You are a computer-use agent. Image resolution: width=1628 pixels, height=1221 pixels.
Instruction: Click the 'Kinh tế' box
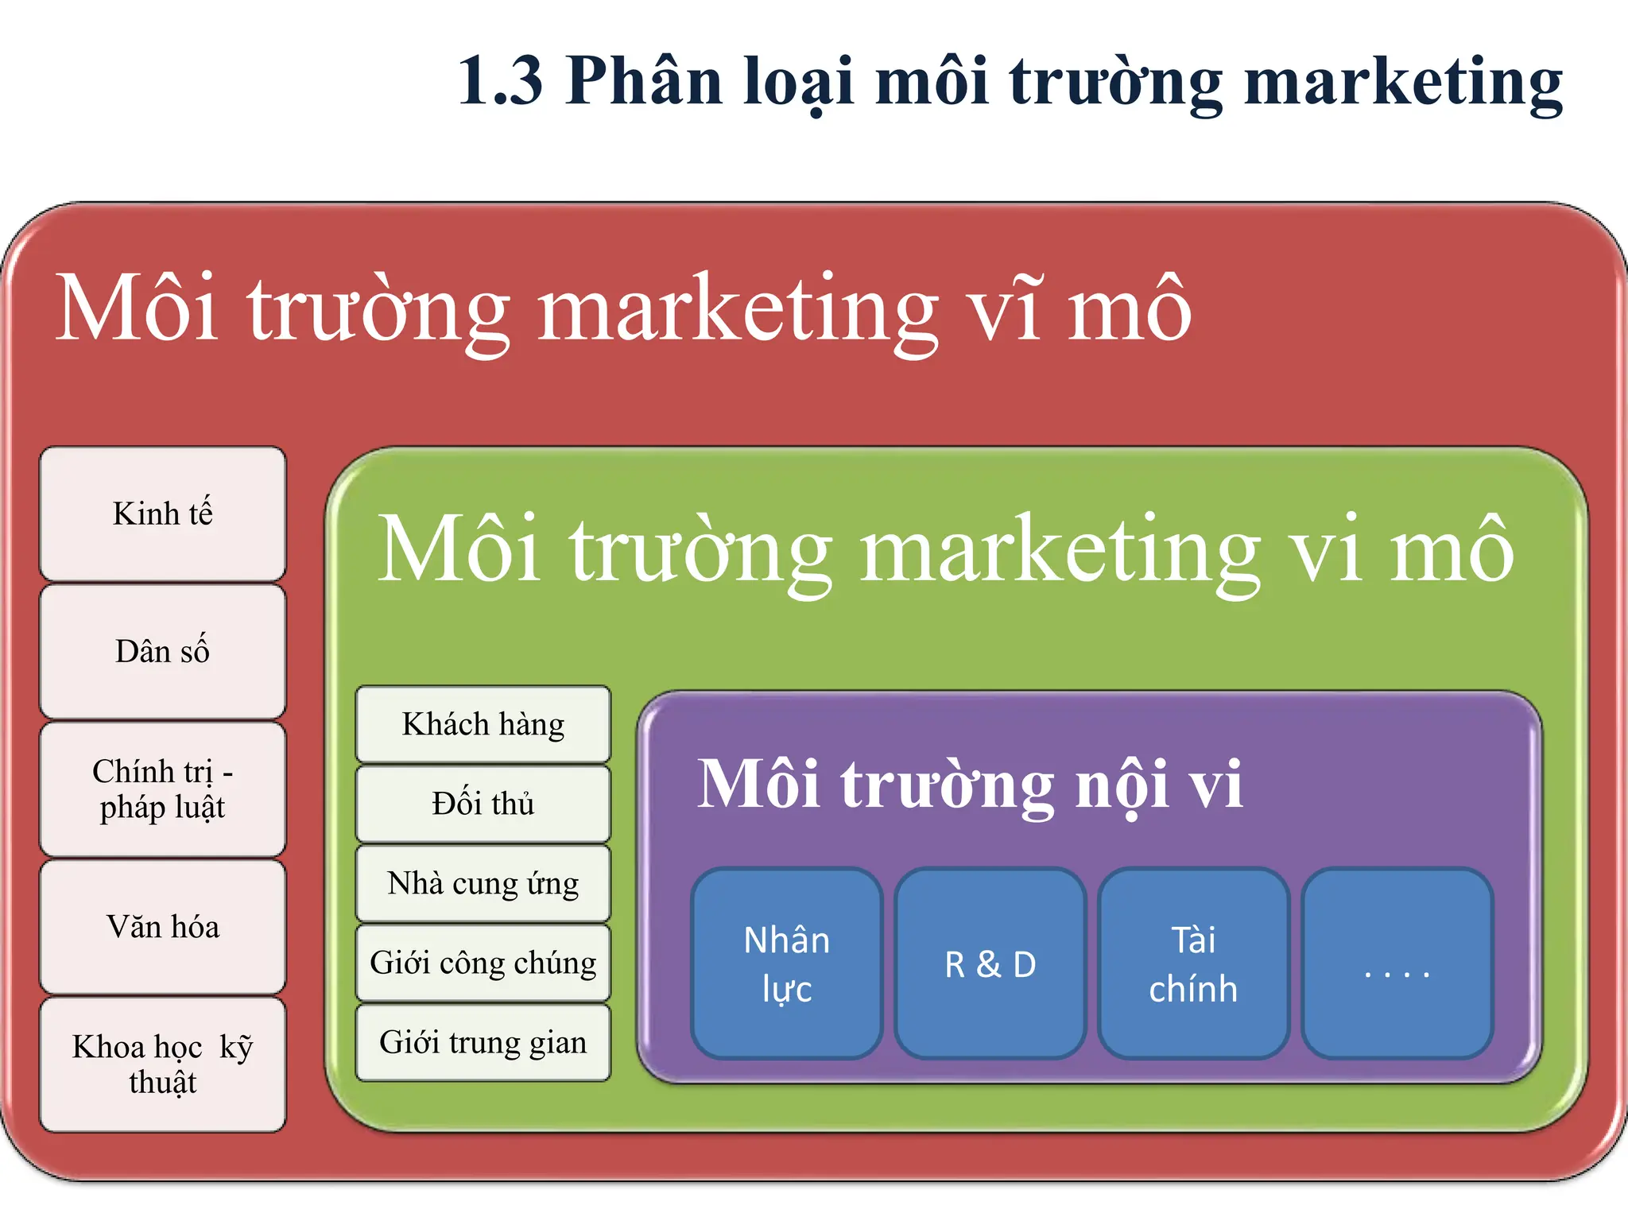point(163,514)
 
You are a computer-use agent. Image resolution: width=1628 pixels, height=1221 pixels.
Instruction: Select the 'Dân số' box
point(163,651)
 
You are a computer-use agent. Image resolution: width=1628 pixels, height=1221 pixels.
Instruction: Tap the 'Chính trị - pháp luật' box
point(163,789)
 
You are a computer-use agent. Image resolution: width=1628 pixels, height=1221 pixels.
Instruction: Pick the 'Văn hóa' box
point(163,926)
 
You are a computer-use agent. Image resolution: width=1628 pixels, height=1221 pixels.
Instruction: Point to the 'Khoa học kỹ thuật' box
point(163,1064)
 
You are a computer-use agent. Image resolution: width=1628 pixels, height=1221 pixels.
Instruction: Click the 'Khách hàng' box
point(483,724)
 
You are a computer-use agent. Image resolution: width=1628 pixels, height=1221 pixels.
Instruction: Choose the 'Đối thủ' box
point(483,804)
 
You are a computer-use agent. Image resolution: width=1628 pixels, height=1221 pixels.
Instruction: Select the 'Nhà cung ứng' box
point(483,883)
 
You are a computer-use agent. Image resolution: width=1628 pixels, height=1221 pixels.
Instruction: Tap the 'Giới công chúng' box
point(483,963)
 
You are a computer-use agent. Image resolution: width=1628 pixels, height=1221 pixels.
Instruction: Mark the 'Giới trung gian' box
point(483,1042)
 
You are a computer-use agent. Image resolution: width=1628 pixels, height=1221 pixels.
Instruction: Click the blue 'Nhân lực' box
point(787,963)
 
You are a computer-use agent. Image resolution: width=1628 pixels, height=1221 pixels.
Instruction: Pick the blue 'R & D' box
point(990,963)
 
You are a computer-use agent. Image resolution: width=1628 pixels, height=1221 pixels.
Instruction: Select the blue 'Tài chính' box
point(1193,963)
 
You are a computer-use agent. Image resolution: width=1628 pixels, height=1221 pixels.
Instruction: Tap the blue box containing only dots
point(1397,963)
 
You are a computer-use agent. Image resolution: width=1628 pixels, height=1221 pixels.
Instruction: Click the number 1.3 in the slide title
point(501,81)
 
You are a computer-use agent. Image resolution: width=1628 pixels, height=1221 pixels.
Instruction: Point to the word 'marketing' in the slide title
point(1403,83)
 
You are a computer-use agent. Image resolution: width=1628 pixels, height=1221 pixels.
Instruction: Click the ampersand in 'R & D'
point(989,965)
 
